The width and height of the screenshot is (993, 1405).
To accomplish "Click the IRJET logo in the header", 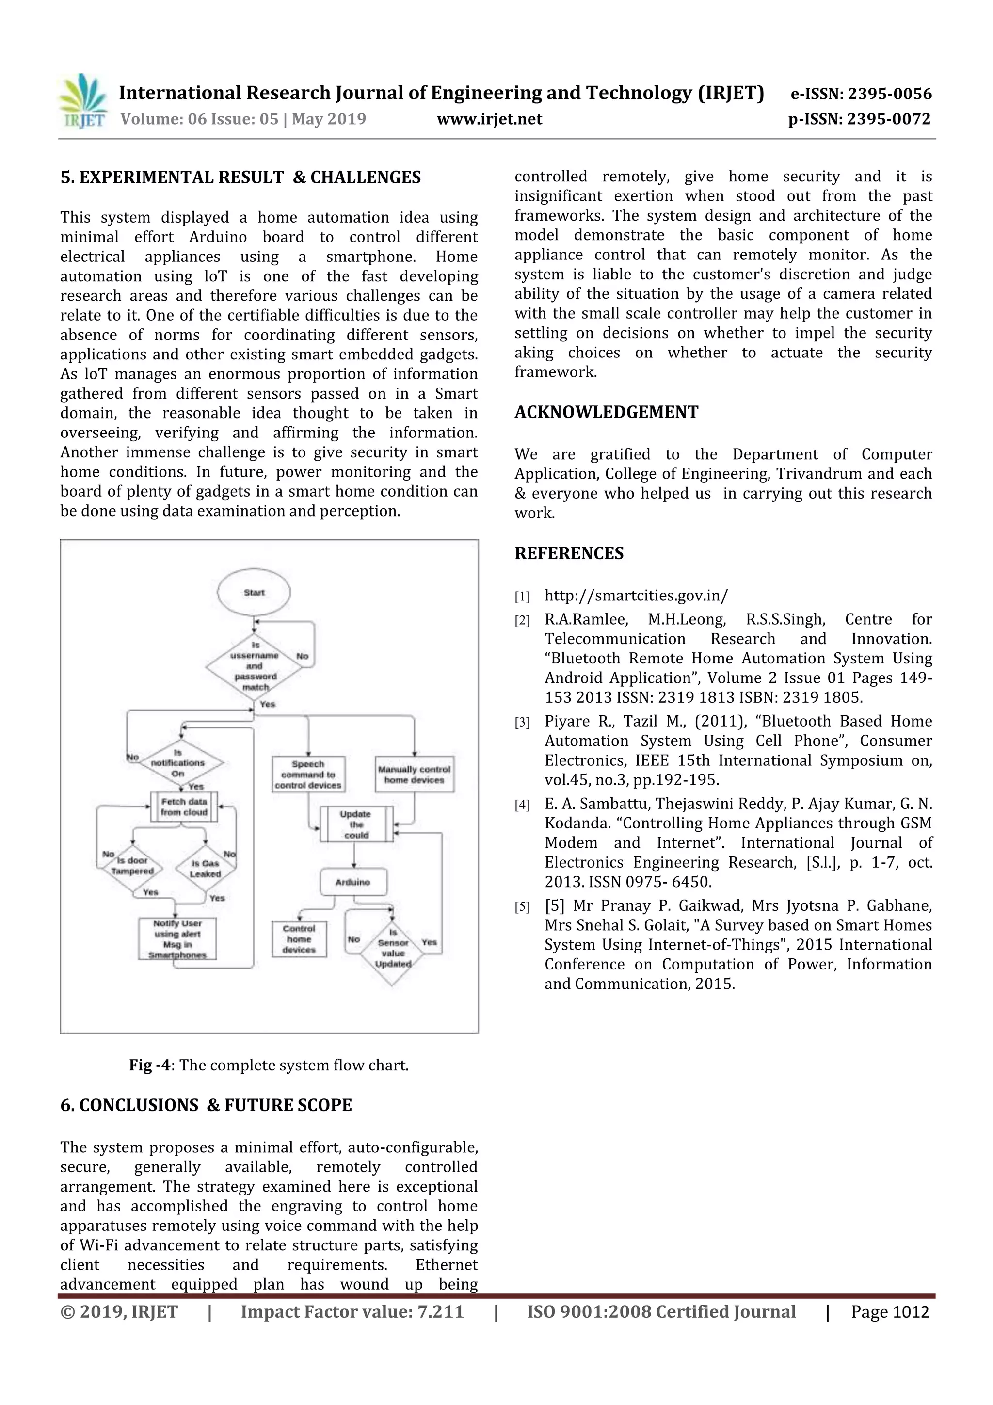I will click(82, 101).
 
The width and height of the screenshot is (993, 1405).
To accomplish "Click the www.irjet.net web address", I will click(489, 119).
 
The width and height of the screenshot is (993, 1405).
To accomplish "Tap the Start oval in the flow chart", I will click(254, 592).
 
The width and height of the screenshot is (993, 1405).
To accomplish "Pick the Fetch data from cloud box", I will click(184, 807).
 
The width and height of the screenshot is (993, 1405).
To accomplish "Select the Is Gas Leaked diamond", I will click(205, 868).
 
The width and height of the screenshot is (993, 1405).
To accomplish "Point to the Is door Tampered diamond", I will click(133, 866).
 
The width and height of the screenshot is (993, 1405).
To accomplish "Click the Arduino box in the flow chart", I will click(353, 882).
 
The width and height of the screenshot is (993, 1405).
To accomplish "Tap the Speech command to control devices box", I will click(308, 774).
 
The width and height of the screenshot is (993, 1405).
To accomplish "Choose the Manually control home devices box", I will click(414, 774).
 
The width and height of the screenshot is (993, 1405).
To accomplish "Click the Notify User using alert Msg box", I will click(177, 939).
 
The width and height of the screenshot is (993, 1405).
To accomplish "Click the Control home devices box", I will click(299, 939).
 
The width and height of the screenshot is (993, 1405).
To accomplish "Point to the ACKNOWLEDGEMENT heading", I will click(606, 412).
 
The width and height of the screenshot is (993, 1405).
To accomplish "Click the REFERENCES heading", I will click(568, 553).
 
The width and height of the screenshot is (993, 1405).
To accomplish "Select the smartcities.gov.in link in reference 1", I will click(636, 596).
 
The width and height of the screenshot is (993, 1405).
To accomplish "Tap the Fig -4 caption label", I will click(149, 1066).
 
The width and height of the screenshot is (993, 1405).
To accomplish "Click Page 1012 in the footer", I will click(890, 1312).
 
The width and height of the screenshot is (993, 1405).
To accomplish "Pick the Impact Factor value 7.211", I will click(352, 1312).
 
